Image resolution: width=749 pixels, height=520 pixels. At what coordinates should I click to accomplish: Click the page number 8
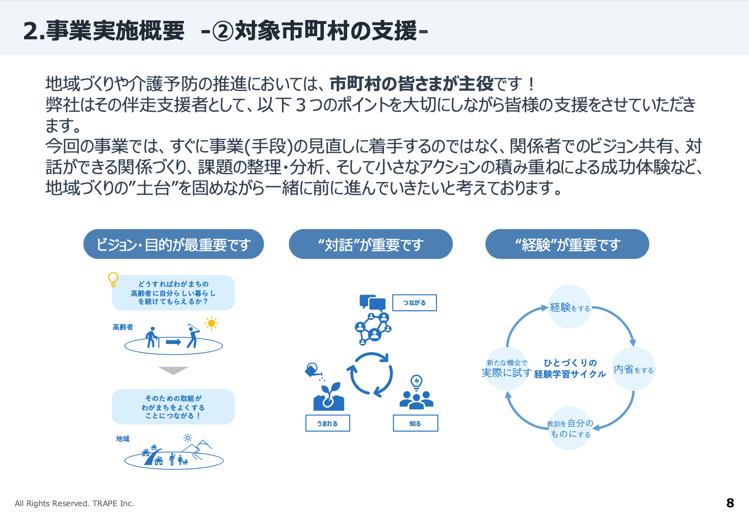point(730,503)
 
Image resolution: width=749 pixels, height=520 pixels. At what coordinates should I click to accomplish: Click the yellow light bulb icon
point(113,280)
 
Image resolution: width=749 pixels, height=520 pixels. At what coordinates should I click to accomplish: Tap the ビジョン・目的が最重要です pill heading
point(173,244)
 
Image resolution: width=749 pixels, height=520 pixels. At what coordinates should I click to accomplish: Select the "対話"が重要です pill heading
point(371,244)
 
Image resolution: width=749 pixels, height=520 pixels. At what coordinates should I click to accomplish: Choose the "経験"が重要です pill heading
point(567,244)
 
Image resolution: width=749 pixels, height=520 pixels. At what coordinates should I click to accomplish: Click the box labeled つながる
point(414,303)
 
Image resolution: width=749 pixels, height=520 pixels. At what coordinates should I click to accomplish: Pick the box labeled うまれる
point(327,424)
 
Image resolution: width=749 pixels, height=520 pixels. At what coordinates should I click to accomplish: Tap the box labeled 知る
point(415,424)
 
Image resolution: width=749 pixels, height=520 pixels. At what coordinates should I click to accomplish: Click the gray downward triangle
point(173,370)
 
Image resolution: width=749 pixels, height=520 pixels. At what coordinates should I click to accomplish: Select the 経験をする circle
point(570,307)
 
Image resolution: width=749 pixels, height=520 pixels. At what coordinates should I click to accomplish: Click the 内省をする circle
point(633,369)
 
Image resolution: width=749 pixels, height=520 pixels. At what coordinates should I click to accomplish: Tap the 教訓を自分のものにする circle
point(570,429)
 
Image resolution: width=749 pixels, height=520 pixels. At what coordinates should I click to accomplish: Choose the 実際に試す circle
point(506,369)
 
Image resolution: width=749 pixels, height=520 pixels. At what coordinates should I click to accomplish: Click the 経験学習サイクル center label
point(570,368)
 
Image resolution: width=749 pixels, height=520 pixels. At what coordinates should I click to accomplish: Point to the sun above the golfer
point(211,323)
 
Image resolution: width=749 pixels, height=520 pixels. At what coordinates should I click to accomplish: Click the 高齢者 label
point(123,327)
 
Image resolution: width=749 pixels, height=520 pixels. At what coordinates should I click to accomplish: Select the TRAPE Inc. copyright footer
point(74,504)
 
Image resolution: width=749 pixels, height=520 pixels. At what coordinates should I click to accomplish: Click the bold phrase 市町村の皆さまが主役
point(411,83)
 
